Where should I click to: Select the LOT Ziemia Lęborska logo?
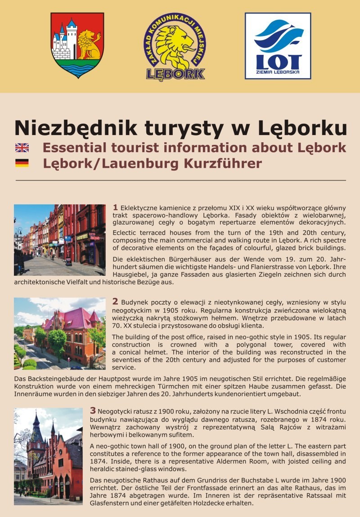coord(278,46)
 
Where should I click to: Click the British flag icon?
coord(22,148)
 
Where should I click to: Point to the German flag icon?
coord(22,163)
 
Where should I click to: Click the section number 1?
coord(116,207)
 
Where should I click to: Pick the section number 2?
coord(115,301)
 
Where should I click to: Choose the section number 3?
coord(93,410)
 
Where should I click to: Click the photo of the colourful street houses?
coord(59,240)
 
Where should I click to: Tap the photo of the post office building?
coord(59,333)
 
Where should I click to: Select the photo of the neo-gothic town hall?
coord(48,456)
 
